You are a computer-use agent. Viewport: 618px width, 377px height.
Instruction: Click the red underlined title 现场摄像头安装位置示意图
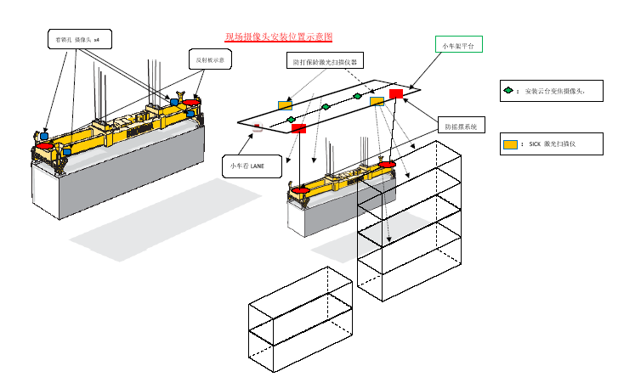click(278, 37)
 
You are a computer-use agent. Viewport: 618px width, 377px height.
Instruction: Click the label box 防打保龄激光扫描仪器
click(324, 61)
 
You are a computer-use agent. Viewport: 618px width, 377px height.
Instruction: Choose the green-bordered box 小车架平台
click(459, 44)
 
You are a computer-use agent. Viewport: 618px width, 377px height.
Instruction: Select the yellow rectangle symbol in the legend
click(510, 144)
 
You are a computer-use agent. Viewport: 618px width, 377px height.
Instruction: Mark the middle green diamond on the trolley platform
click(326, 107)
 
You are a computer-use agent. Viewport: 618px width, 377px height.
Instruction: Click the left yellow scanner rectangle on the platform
click(285, 104)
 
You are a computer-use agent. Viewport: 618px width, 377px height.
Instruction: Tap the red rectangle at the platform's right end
click(395, 93)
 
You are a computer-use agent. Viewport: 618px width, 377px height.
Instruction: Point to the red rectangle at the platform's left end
click(298, 128)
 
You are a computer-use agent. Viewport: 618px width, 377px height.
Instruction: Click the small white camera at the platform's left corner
click(258, 127)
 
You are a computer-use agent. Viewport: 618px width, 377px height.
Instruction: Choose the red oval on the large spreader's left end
click(45, 146)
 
